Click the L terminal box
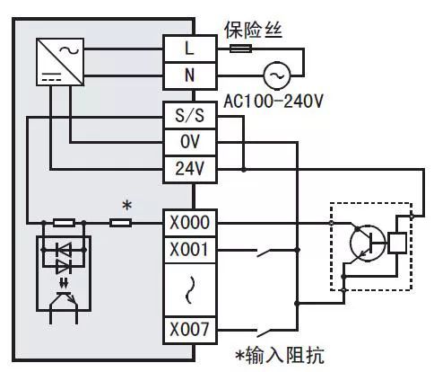189,47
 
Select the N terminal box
189,75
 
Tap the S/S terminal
189,116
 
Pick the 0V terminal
189,141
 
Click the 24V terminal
189,167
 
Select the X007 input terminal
189,330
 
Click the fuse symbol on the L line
239,47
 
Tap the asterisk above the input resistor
126,206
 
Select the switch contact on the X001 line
264,252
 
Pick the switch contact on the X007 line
264,332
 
